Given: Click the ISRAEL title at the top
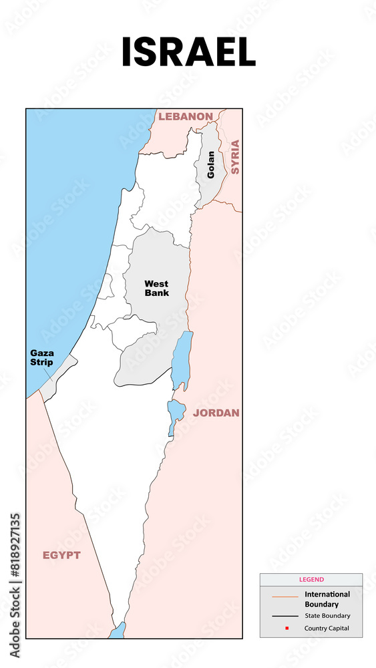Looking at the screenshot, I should tap(188, 52).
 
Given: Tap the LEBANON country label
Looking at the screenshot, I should tap(185, 116).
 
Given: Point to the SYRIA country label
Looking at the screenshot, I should tap(234, 158).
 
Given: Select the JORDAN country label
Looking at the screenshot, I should tap(216, 413).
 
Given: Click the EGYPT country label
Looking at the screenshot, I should tap(61, 555).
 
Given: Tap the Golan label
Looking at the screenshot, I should tap(211, 164).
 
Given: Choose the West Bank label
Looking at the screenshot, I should tap(156, 288).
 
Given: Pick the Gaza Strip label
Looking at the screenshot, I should tap(41, 357).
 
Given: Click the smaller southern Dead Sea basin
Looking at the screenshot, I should tap(175, 414).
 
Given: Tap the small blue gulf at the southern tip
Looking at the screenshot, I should tap(118, 631).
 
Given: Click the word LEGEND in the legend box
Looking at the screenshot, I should tap(311, 580).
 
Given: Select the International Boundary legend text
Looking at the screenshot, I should tap(327, 599).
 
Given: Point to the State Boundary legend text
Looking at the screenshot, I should tap(327, 616).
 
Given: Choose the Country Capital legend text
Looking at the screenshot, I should tap(327, 629).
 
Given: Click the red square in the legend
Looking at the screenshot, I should tap(286, 629).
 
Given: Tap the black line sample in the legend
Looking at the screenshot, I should tap(285, 616).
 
